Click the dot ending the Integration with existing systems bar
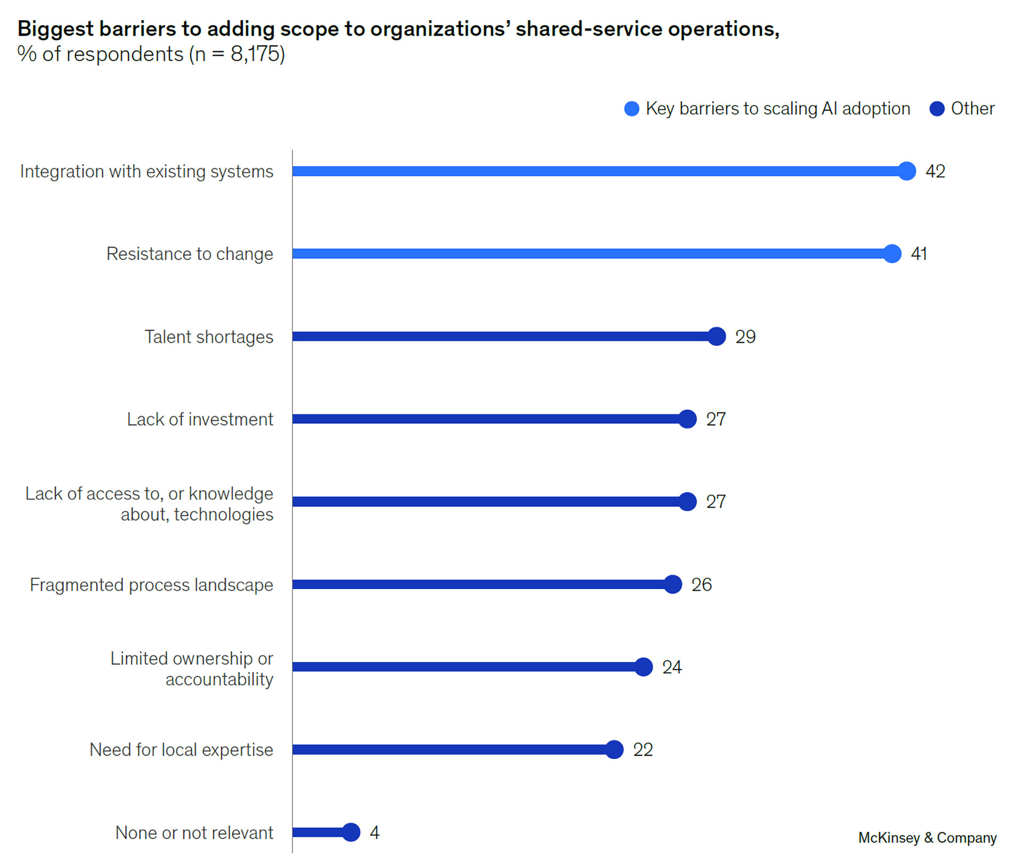[x=906, y=171]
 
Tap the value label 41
[x=919, y=254]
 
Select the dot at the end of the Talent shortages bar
[x=717, y=336]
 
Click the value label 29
[x=745, y=337]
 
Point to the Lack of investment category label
[x=200, y=419]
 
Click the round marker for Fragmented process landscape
[x=673, y=584]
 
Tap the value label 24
[x=671, y=667]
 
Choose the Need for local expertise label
[x=181, y=749]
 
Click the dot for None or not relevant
[x=351, y=832]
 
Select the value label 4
[x=375, y=832]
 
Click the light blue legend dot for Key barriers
[x=631, y=109]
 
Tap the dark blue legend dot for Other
[x=937, y=109]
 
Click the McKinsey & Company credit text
[x=927, y=838]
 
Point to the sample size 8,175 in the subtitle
[x=255, y=54]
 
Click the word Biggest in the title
[x=55, y=29]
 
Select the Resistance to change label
[x=190, y=254]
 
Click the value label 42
[x=935, y=171]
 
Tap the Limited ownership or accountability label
[x=192, y=668]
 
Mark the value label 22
[x=643, y=749]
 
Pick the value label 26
[x=701, y=584]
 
